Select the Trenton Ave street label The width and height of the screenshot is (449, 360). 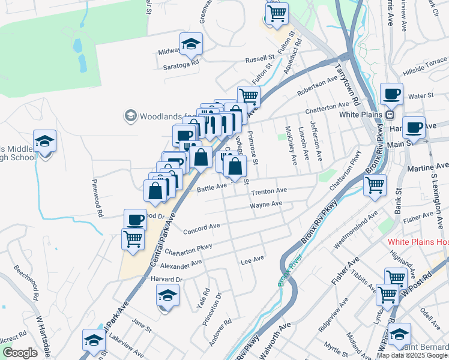pos(268,191)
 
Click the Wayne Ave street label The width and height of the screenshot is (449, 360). pos(266,205)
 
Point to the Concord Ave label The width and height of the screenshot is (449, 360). pos(202,228)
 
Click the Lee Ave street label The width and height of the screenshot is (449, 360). pos(252,259)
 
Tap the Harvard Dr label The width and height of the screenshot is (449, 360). pos(166,280)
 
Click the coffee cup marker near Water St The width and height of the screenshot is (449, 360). pos(391,94)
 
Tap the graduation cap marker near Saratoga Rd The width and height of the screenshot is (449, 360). pos(191,44)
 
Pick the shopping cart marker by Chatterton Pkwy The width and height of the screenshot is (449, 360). pos(375,185)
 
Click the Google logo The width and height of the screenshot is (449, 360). pos(20,353)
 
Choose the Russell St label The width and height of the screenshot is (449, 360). pos(259,60)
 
